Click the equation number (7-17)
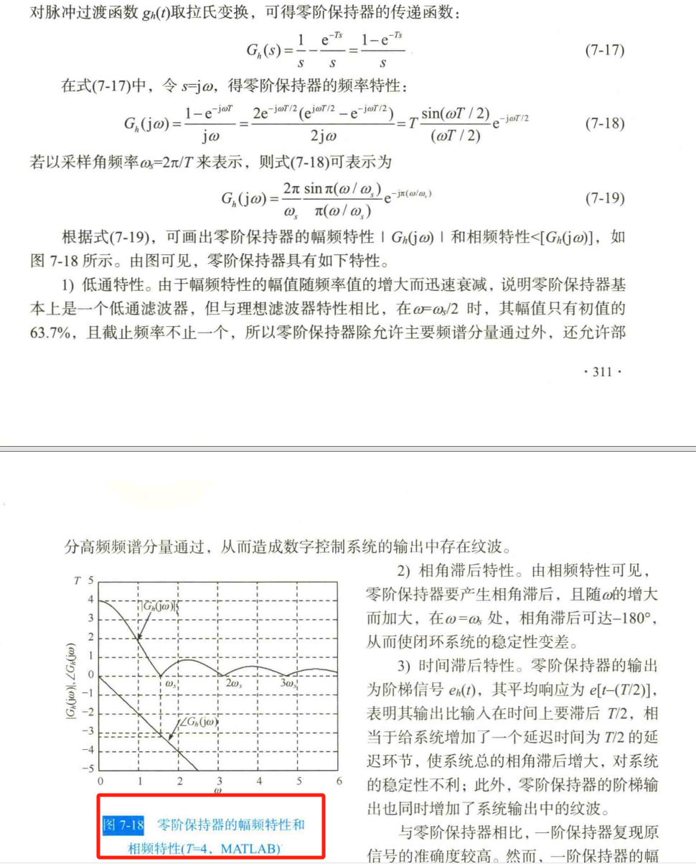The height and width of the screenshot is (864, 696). click(x=605, y=51)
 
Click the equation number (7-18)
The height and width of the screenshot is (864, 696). click(x=605, y=124)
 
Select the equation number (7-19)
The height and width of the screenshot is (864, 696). click(x=605, y=198)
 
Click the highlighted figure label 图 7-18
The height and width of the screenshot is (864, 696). click(x=124, y=824)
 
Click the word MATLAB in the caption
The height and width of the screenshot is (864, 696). click(x=250, y=848)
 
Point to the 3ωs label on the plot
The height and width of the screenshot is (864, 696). click(x=289, y=684)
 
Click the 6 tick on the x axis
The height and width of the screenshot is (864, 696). click(x=339, y=781)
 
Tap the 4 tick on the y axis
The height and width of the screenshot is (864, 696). click(x=90, y=599)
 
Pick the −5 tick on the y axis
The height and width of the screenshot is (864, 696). click(x=88, y=768)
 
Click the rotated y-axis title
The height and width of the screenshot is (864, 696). click(x=72, y=674)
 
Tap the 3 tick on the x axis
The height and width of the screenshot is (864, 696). click(x=220, y=781)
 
